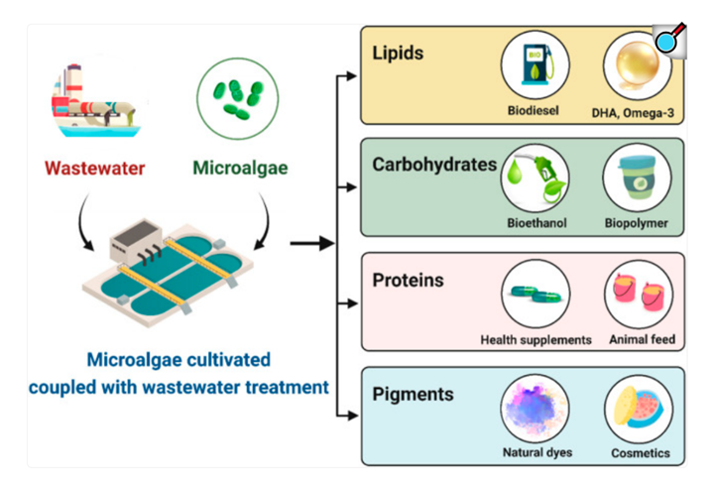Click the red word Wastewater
pyautogui.click(x=95, y=168)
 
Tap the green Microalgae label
pyautogui.click(x=240, y=168)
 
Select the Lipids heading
pyautogui.click(x=398, y=53)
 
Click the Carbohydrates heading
pyautogui.click(x=434, y=165)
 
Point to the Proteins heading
pyautogui.click(x=408, y=280)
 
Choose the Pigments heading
pyautogui.click(x=413, y=395)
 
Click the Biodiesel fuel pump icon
pyautogui.click(x=535, y=65)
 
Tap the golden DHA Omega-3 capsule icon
pyautogui.click(x=637, y=65)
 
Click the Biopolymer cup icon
pyautogui.click(x=637, y=179)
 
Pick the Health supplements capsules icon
pyautogui.click(x=535, y=294)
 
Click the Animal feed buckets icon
pyautogui.click(x=639, y=295)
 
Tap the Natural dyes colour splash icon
pyautogui.click(x=535, y=409)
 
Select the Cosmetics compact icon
pyautogui.click(x=639, y=409)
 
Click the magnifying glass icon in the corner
pyautogui.click(x=669, y=40)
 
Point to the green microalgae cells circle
pyautogui.click(x=237, y=98)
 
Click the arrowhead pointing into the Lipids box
pyautogui.click(x=351, y=76)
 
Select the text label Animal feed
pyautogui.click(x=642, y=339)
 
